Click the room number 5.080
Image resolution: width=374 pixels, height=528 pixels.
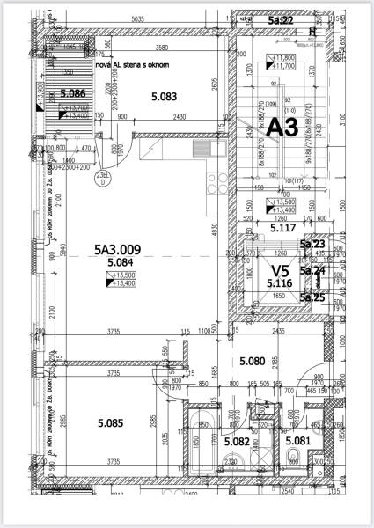(x=253, y=361)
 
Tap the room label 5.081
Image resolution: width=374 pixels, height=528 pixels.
(x=298, y=441)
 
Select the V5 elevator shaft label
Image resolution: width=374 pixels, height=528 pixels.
(x=280, y=271)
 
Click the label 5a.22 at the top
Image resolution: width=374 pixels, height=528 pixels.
(x=282, y=19)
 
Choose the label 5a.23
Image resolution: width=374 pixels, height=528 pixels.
(x=312, y=245)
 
